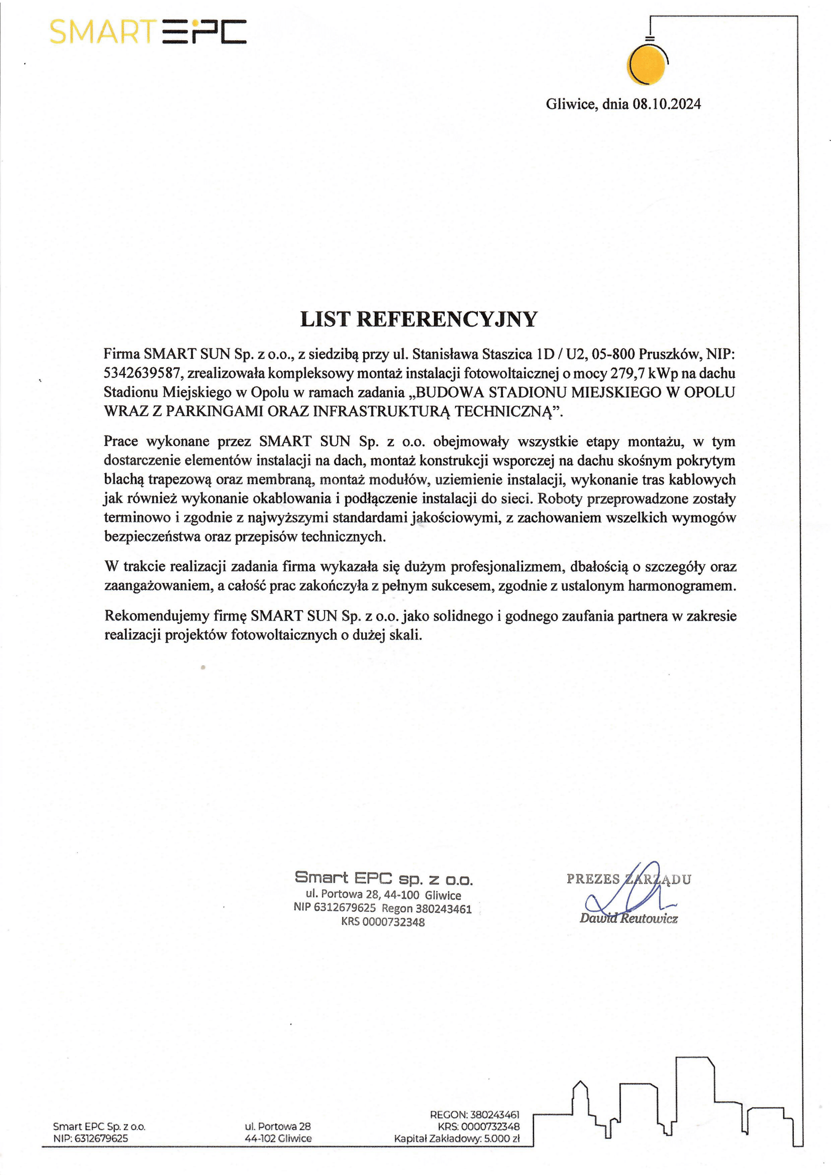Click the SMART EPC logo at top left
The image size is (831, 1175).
click(x=148, y=32)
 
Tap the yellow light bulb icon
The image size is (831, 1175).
click(x=647, y=64)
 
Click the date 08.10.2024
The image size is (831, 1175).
click(x=667, y=105)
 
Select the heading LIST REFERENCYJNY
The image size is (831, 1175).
click(x=419, y=319)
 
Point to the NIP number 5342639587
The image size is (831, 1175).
click(x=143, y=373)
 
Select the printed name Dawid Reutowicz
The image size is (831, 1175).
click(x=629, y=918)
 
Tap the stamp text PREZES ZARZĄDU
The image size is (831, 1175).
click(x=629, y=878)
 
